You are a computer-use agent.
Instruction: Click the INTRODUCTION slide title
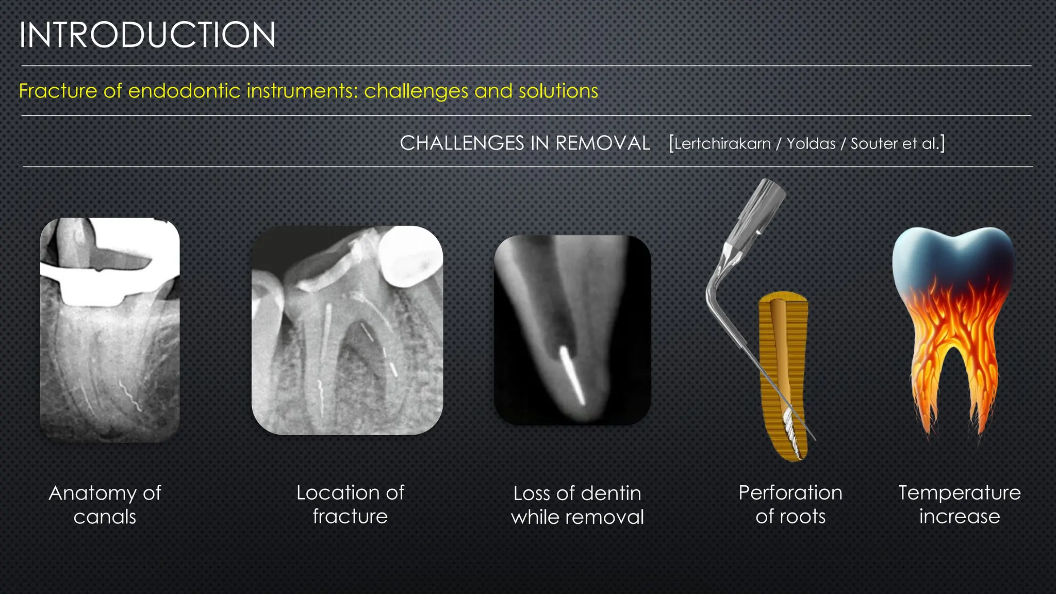(147, 35)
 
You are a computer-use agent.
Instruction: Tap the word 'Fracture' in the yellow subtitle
(58, 91)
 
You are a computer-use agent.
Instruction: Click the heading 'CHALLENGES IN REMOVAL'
(525, 143)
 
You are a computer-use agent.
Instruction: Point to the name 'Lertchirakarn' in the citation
(722, 144)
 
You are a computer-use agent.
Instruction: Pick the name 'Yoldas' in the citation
(811, 144)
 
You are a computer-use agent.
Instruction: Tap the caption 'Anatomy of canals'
(105, 505)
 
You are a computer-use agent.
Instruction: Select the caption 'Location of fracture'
(350, 504)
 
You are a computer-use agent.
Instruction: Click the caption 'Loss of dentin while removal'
(577, 505)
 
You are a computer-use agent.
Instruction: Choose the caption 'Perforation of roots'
(790, 504)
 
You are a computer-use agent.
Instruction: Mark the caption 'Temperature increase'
(960, 504)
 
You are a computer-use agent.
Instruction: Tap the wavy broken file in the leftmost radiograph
(130, 396)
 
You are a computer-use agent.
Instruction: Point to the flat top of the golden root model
(783, 298)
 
